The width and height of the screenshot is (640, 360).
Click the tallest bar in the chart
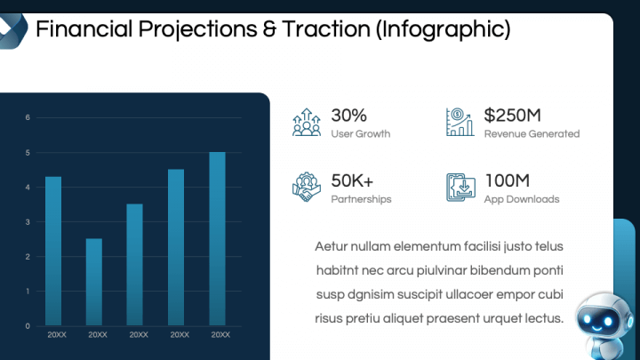click(x=217, y=239)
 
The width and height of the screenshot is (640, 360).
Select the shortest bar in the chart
click(x=94, y=282)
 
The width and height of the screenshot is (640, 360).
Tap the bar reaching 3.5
click(x=135, y=265)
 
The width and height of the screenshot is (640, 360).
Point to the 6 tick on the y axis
click(x=28, y=117)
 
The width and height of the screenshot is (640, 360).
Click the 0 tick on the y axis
click(x=28, y=326)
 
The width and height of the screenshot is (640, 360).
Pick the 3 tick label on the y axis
click(x=28, y=222)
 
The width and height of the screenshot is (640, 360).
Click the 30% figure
click(x=349, y=116)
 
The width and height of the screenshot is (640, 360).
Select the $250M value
click(x=513, y=116)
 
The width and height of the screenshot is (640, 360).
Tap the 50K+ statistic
click(x=352, y=180)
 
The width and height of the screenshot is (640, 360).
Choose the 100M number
click(x=508, y=180)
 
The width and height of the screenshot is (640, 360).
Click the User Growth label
click(x=361, y=134)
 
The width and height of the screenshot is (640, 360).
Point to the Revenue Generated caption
click(x=532, y=134)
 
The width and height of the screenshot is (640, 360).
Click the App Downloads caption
click(x=522, y=199)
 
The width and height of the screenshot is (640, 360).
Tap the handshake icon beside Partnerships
click(x=307, y=187)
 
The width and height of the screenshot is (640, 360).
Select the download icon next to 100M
click(x=460, y=188)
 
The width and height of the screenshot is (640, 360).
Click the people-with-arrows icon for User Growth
click(x=307, y=122)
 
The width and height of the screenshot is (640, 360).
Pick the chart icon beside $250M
click(x=460, y=122)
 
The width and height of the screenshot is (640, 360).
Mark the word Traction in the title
click(x=325, y=29)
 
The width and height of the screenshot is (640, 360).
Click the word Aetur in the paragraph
click(x=331, y=246)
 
